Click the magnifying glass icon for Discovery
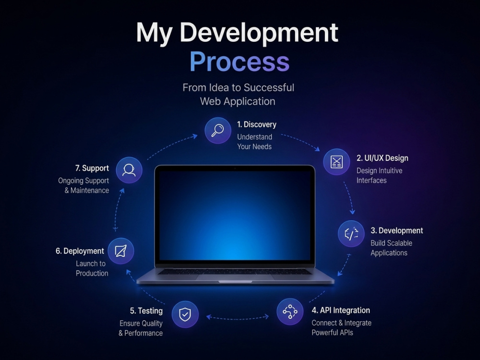(217, 131)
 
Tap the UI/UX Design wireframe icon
(336, 162)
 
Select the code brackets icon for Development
(351, 234)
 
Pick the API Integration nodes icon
(290, 312)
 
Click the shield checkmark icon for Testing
(185, 314)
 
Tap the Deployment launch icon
(120, 251)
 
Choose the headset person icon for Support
(129, 170)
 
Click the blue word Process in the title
(240, 61)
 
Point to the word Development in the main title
(259, 33)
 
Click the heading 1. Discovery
(256, 124)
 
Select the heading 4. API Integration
(341, 310)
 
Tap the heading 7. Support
(92, 168)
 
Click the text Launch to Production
(92, 268)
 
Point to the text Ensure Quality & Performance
(141, 328)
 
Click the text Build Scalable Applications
(391, 248)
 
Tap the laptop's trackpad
(235, 277)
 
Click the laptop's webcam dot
(235, 168)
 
